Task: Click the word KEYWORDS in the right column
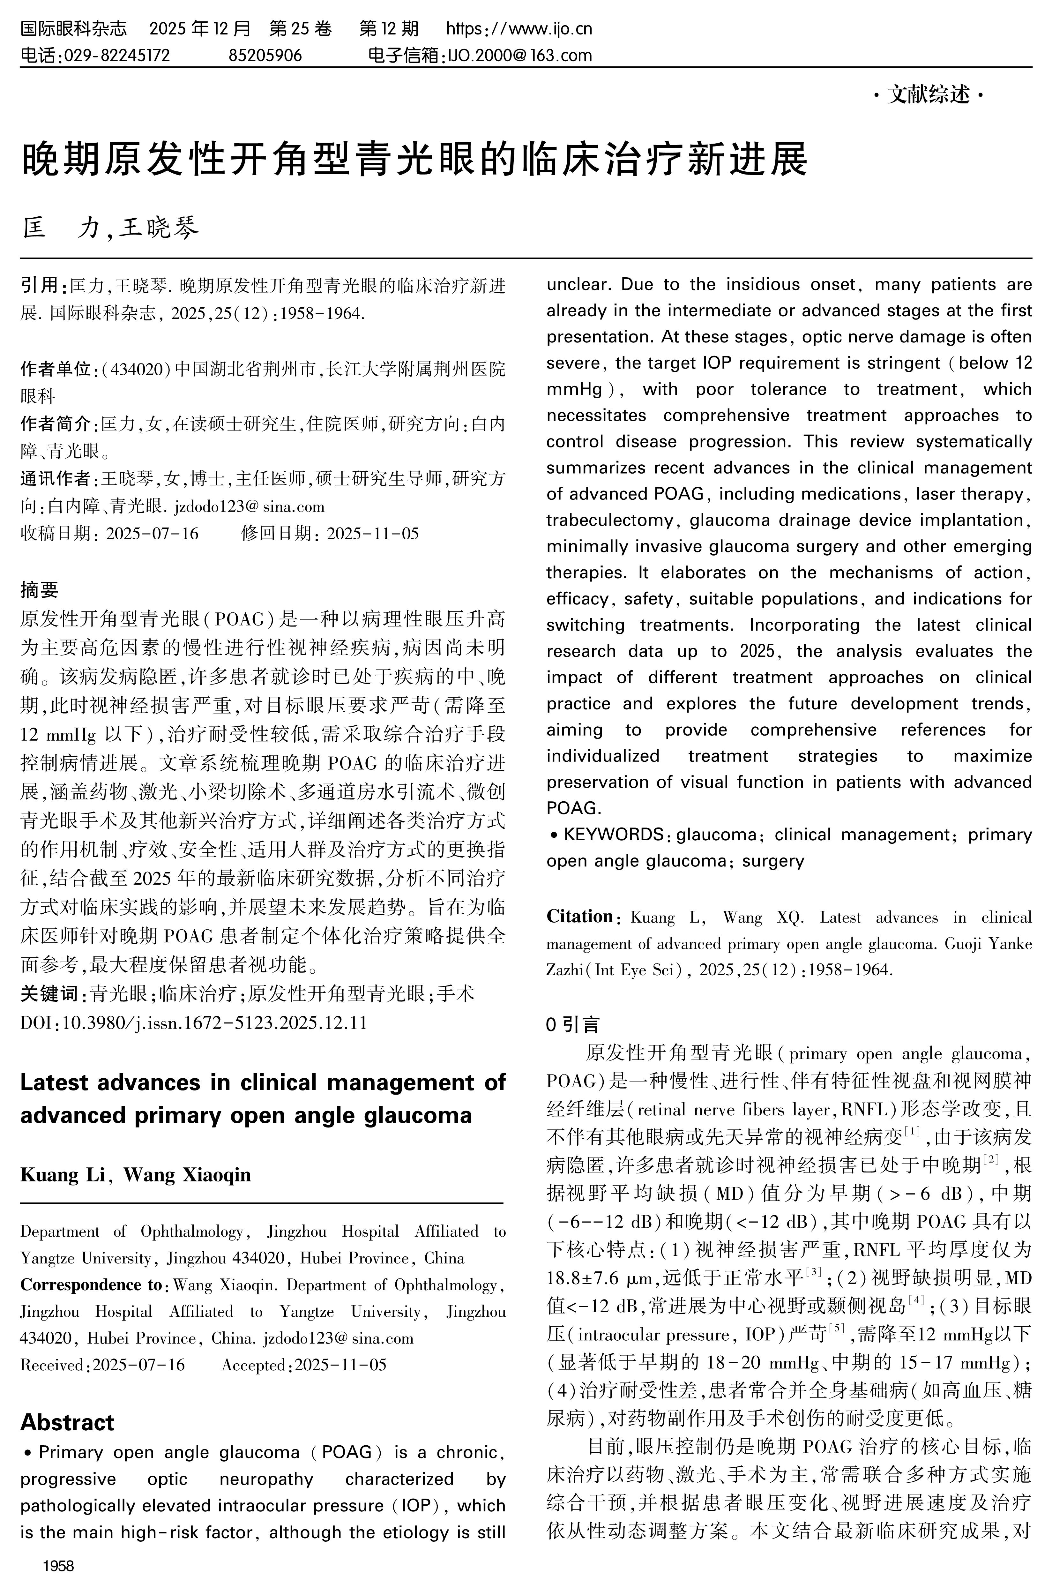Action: (x=613, y=835)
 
